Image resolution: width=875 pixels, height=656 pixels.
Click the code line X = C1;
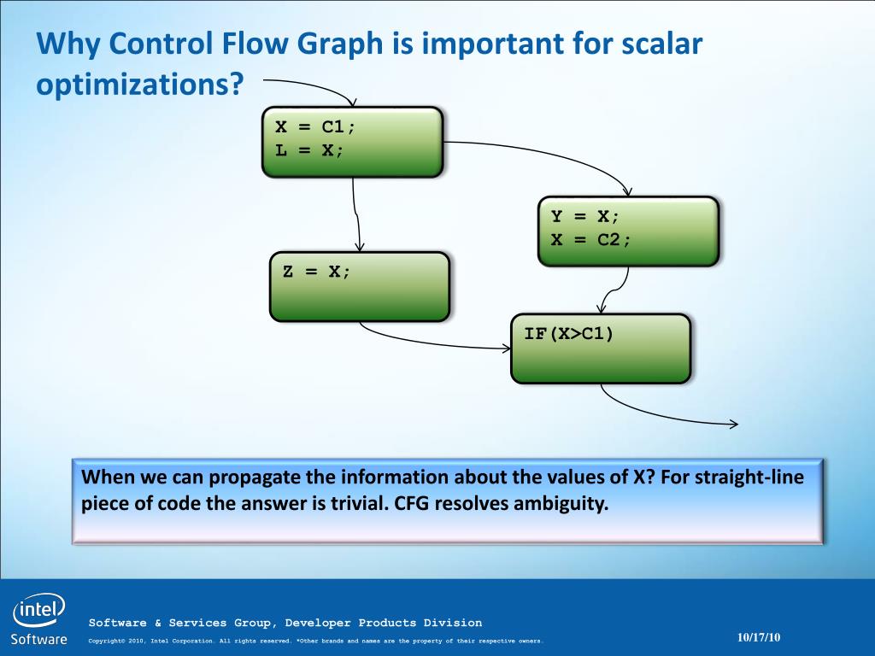[315, 127]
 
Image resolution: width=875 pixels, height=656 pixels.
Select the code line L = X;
[309, 150]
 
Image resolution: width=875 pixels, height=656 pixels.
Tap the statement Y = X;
[584, 216]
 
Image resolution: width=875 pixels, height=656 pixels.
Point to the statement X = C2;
[591, 240]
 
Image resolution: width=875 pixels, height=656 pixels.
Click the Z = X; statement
[316, 272]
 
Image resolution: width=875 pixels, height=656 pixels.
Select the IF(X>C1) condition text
[568, 334]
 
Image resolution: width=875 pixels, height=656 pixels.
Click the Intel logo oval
[38, 610]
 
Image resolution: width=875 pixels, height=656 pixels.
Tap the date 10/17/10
[759, 637]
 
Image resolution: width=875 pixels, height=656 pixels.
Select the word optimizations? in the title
[140, 85]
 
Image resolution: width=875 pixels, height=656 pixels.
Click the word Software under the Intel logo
[38, 639]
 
